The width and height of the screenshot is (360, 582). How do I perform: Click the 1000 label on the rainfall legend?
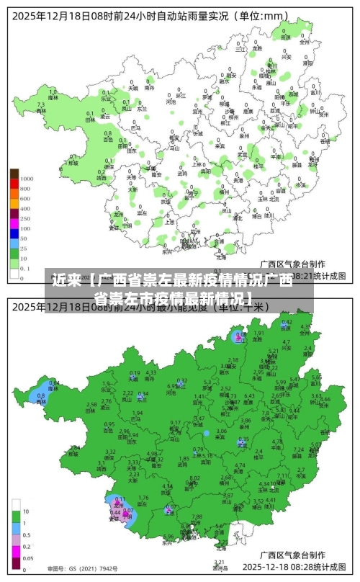click(x=27, y=178)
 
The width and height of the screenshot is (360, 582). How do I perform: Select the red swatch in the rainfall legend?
click(x=14, y=188)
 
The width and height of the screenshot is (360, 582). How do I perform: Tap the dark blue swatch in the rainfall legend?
click(x=14, y=238)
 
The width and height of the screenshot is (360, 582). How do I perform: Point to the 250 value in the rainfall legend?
click(x=26, y=218)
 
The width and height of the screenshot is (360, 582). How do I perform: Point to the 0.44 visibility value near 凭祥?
click(x=115, y=512)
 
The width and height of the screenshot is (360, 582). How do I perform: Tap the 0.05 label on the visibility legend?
click(x=27, y=558)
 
